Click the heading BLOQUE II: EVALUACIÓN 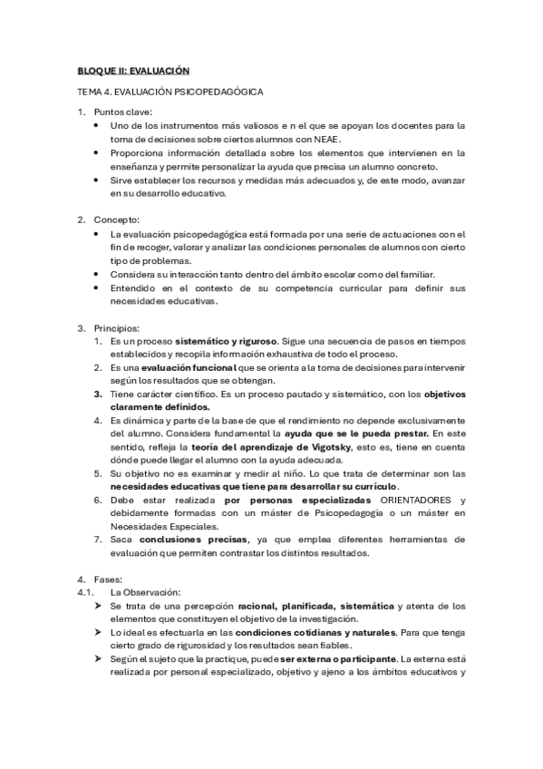click(132, 70)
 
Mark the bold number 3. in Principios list click(99, 394)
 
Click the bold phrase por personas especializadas click(298, 501)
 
